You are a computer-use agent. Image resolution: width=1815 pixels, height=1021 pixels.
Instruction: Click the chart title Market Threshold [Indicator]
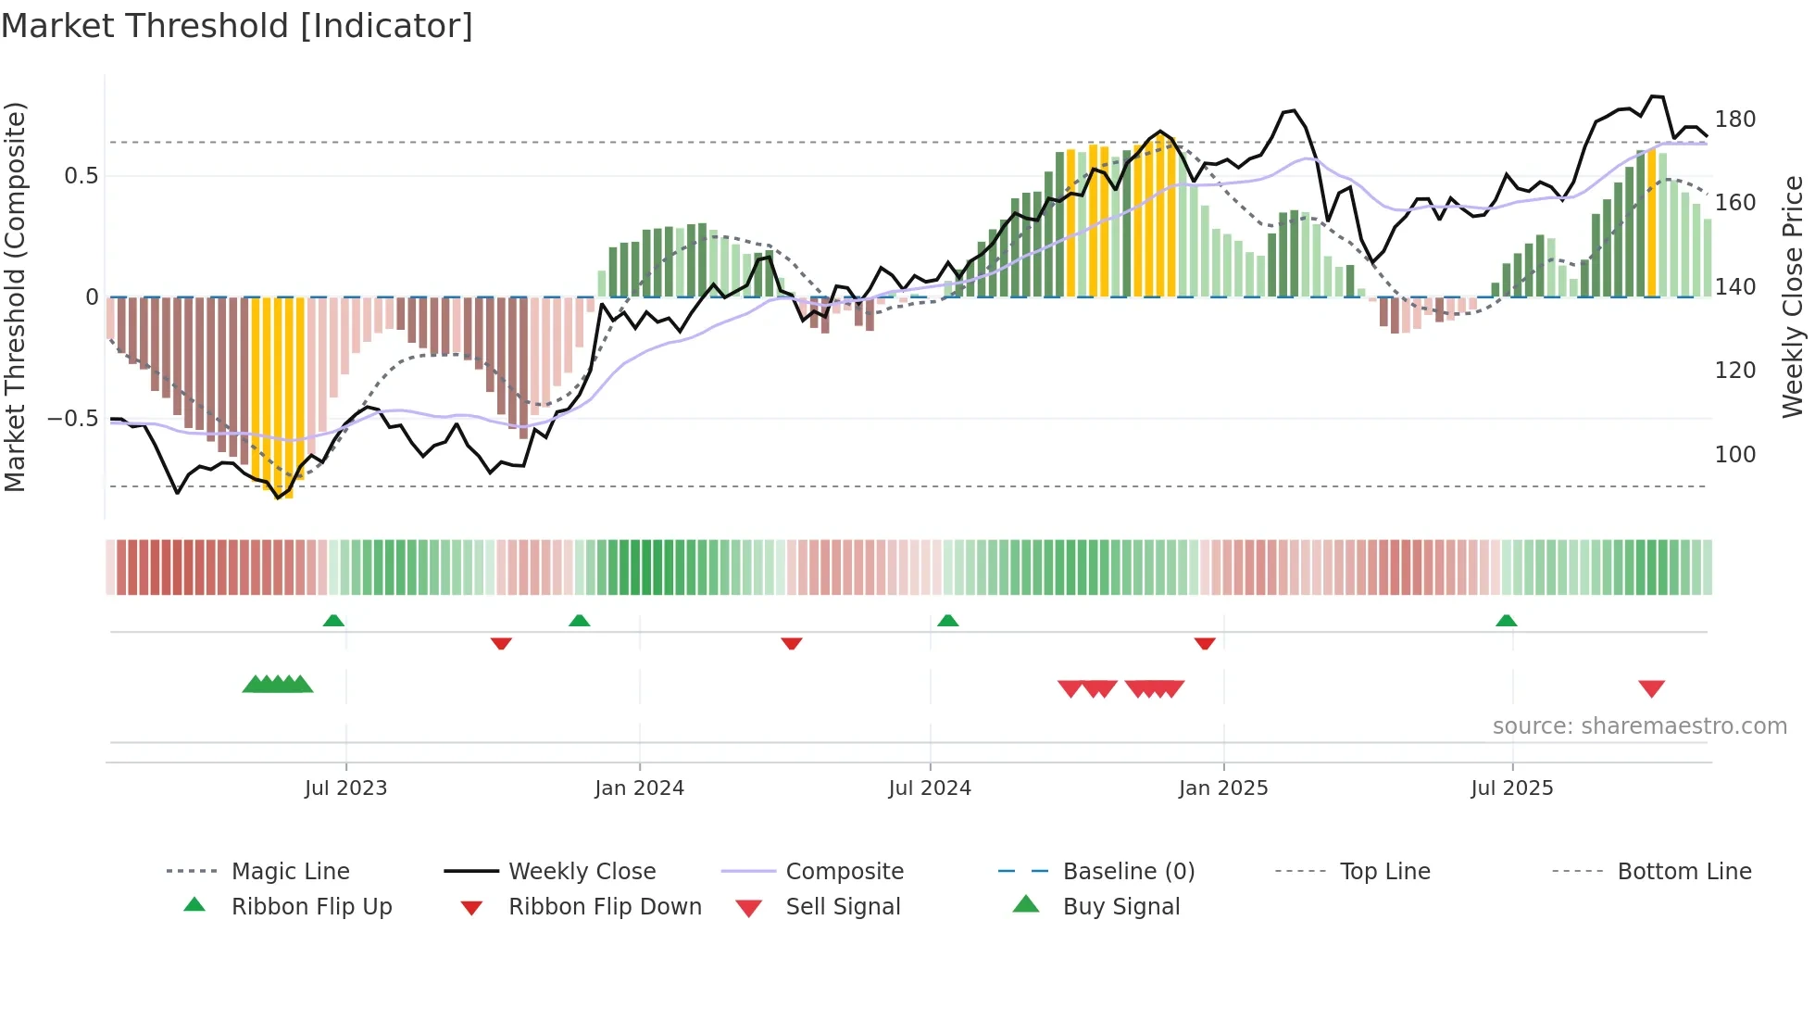click(x=237, y=26)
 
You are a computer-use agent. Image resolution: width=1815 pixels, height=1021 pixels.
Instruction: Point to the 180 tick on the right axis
click(x=1734, y=120)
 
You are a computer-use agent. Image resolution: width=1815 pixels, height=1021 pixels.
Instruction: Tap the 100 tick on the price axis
click(x=1734, y=455)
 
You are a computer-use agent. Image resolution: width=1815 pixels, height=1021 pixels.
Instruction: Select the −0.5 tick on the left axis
click(x=72, y=419)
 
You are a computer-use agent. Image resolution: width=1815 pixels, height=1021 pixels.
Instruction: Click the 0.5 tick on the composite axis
click(x=81, y=176)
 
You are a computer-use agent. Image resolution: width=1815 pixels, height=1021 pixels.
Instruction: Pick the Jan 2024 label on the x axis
click(x=639, y=788)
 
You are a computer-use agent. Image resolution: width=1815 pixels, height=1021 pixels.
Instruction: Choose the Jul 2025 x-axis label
click(x=1511, y=788)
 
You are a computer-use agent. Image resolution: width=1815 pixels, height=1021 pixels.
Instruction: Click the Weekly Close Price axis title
click(x=1793, y=296)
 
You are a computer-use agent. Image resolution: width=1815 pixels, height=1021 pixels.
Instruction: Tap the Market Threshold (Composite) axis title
click(x=15, y=296)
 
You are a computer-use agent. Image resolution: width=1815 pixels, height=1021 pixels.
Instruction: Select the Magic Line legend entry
click(x=290, y=872)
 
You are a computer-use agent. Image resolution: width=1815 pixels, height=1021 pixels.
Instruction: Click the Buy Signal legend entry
click(x=1120, y=907)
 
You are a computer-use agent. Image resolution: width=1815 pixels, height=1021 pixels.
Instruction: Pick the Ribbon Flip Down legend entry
click(x=605, y=907)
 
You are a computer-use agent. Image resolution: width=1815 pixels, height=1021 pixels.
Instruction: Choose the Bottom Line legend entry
click(x=1684, y=872)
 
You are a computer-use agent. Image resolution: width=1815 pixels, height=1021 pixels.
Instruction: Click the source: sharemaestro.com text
click(x=1639, y=726)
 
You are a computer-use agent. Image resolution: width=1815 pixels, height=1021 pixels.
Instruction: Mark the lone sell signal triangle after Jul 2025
click(x=1651, y=688)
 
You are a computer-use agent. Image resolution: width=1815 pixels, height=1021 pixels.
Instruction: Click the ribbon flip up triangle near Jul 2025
click(x=1506, y=621)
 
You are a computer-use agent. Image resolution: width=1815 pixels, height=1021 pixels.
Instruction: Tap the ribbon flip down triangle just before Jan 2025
click(x=1204, y=643)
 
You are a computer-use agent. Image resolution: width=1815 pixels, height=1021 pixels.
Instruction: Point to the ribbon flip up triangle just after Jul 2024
click(x=947, y=621)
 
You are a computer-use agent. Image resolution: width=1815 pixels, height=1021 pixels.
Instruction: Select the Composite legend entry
click(x=844, y=872)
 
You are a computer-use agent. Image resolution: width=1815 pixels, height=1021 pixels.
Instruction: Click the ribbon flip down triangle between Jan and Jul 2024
click(x=791, y=643)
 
